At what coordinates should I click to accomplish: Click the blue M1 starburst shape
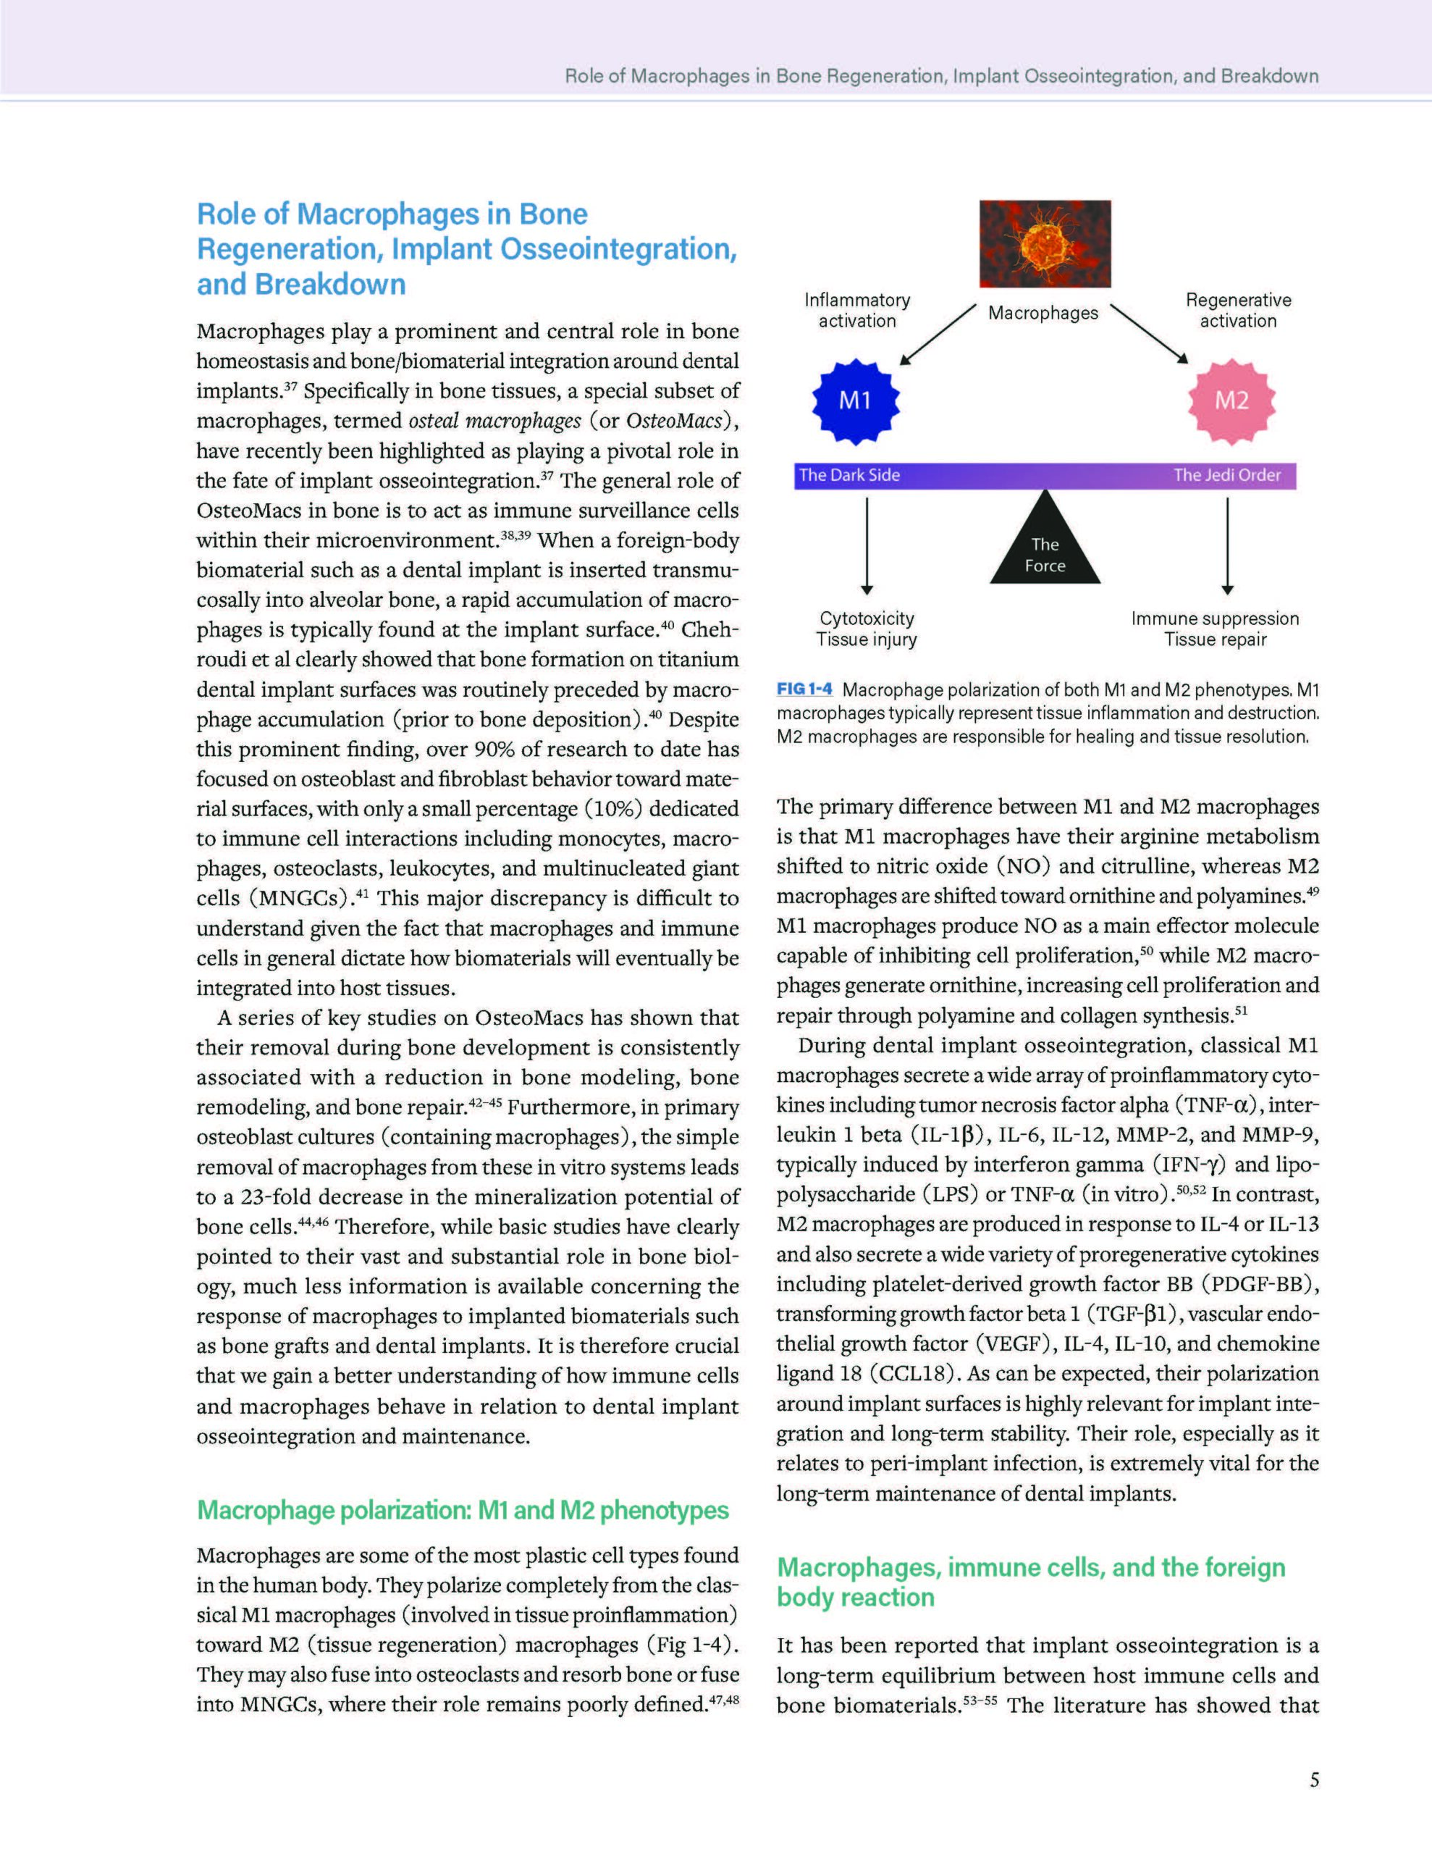click(x=856, y=400)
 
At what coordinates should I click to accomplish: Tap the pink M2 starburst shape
click(x=1231, y=400)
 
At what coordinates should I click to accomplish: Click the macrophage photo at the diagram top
click(x=1045, y=243)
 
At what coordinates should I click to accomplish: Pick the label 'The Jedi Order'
click(x=1226, y=475)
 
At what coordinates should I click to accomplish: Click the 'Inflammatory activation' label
click(x=857, y=310)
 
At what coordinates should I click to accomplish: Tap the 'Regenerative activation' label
click(x=1239, y=310)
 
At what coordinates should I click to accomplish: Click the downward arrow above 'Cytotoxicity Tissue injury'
click(x=867, y=546)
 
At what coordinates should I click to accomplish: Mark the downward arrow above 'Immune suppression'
click(x=1227, y=546)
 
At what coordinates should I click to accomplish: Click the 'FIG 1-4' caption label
click(x=804, y=689)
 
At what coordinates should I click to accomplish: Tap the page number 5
click(x=1314, y=1779)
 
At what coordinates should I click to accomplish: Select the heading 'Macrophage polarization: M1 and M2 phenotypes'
click(x=463, y=1510)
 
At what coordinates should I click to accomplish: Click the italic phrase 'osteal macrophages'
click(x=495, y=421)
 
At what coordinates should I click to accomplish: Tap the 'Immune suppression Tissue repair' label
click(x=1215, y=629)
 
